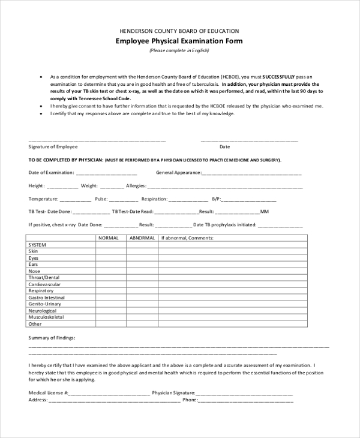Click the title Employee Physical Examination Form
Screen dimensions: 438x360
coord(179,41)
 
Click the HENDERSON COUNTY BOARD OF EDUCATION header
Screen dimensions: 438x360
coord(179,31)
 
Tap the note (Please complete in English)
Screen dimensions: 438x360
coord(179,50)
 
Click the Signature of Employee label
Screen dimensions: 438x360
coord(53,146)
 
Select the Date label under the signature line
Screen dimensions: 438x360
coord(224,146)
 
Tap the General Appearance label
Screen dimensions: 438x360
coord(178,173)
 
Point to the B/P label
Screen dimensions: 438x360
coord(217,199)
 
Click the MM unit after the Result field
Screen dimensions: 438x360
coord(265,212)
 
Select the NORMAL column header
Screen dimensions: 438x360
coord(109,238)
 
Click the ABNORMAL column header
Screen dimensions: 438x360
coord(142,238)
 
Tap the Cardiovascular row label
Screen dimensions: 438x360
coord(44,284)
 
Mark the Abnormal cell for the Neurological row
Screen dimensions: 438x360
coord(142,311)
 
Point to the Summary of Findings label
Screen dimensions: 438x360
coord(52,338)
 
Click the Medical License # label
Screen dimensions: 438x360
coord(49,393)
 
